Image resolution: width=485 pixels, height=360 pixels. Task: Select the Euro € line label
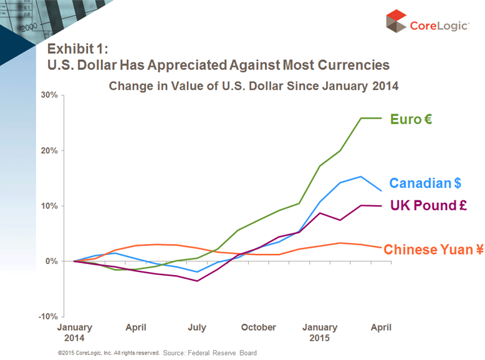point(411,119)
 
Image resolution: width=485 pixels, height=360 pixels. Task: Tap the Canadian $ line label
point(425,183)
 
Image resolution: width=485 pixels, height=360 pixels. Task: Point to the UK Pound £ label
point(428,205)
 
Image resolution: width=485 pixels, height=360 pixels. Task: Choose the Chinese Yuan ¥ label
point(433,250)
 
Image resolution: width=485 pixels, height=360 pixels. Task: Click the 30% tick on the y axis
point(49,95)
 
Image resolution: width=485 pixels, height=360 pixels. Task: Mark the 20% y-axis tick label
point(49,150)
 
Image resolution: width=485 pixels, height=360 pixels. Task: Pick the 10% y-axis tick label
point(49,206)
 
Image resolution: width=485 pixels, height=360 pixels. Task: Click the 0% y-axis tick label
point(52,261)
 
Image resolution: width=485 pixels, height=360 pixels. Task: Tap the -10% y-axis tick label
point(49,316)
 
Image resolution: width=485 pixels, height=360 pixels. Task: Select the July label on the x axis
point(197,327)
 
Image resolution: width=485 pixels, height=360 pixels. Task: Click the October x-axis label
point(258,327)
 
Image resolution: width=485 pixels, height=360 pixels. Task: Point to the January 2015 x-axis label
point(320,332)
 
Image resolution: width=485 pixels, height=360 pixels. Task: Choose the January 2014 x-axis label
point(75,332)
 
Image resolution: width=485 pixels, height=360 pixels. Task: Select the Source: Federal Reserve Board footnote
point(209,353)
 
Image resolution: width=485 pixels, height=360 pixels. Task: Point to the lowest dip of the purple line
point(197,281)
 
